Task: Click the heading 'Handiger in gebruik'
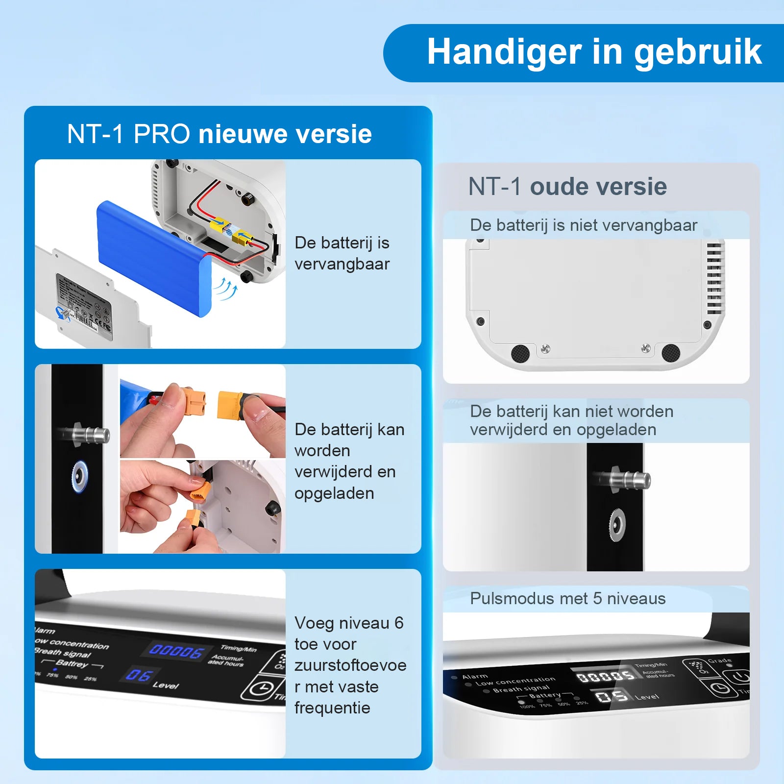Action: [x=594, y=52]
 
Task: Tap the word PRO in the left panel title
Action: [x=162, y=134]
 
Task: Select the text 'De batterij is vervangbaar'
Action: [x=342, y=253]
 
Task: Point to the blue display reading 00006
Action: [x=176, y=651]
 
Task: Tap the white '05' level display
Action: [x=611, y=695]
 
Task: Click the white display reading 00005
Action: [x=606, y=677]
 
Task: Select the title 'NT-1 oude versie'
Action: [x=567, y=187]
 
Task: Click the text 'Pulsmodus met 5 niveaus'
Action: [x=567, y=599]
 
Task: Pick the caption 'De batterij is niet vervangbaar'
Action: [x=583, y=225]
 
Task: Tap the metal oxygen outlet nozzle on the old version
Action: [x=622, y=480]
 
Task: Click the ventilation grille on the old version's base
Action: [x=714, y=278]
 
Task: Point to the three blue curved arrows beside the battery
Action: [x=226, y=289]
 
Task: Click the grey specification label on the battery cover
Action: [x=84, y=306]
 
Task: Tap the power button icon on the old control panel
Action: [x=740, y=677]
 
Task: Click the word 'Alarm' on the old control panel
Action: [x=475, y=677]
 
